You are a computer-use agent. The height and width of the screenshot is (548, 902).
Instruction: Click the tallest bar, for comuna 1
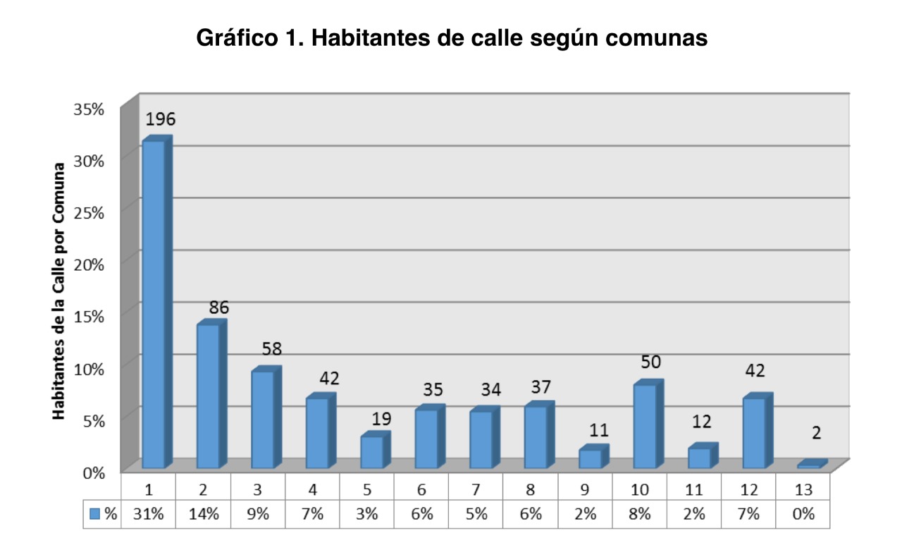pos(154,303)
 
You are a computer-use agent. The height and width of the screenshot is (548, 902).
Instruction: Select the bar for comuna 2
pos(208,395)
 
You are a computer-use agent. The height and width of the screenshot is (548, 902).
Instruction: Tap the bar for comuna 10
pos(645,426)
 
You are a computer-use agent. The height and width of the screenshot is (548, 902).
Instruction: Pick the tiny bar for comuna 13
pos(810,465)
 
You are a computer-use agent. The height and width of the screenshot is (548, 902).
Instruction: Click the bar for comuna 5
pos(371,451)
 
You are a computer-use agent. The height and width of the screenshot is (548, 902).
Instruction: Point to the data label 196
pos(160,118)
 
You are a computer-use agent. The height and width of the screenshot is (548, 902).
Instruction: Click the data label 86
pos(219,308)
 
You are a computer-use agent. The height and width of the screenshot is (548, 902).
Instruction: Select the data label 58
pos(272,348)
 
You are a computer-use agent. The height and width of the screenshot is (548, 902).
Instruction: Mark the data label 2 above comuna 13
pos(816,432)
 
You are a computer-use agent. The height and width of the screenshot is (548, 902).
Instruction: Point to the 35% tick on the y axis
pos(90,109)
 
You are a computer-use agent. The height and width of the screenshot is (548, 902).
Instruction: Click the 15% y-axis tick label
pos(90,316)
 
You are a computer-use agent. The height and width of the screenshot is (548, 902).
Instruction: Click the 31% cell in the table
pos(149,514)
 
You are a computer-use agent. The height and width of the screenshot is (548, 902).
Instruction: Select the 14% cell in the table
pos(203,514)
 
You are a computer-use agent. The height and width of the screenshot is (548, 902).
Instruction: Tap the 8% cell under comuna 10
pos(640,514)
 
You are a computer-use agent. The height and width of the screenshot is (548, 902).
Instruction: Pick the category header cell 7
pos(476,488)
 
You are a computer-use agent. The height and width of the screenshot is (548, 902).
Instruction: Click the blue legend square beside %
pos(95,514)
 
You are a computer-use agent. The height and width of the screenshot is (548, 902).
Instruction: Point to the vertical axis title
pos(60,291)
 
